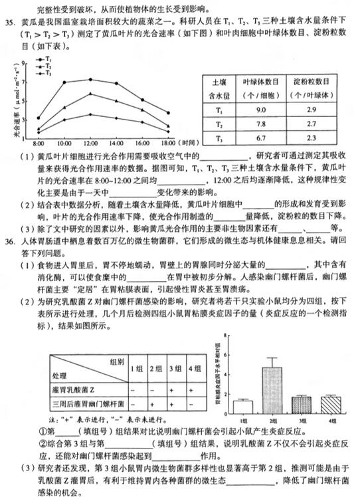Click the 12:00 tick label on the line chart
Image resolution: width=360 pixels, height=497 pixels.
coord(90,143)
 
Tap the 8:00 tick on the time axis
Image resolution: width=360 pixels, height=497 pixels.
coord(38,143)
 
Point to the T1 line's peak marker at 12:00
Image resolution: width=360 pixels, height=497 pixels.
coord(90,79)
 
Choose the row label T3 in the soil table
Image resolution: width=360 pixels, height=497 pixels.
coord(219,138)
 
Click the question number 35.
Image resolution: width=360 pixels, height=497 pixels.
coord(10,22)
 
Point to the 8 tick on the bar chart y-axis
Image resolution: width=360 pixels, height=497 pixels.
coord(228,336)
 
